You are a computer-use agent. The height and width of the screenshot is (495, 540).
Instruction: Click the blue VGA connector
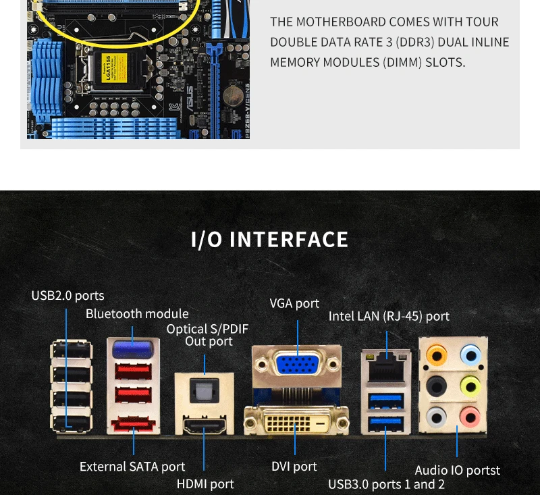pyautogui.click(x=298, y=364)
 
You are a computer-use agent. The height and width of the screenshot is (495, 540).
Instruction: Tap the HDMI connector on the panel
pyautogui.click(x=205, y=425)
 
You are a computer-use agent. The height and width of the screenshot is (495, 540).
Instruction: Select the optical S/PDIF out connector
pyautogui.click(x=205, y=390)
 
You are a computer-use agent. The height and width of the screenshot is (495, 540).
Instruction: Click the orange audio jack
pyautogui.click(x=436, y=355)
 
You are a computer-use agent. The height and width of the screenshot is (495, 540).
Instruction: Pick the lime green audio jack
pyautogui.click(x=470, y=386)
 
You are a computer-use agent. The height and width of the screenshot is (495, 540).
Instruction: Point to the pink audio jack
pyautogui.click(x=470, y=417)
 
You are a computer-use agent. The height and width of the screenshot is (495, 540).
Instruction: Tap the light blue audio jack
pyautogui.click(x=470, y=355)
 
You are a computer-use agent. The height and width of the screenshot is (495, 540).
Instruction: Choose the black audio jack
pyautogui.click(x=436, y=386)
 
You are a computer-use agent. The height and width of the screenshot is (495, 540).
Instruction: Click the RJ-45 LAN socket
pyautogui.click(x=386, y=369)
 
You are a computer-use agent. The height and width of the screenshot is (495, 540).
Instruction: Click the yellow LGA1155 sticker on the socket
pyautogui.click(x=114, y=68)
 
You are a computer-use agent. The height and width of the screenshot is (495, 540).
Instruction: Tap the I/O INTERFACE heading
pyautogui.click(x=269, y=240)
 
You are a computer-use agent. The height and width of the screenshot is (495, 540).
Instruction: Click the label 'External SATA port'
pyautogui.click(x=132, y=467)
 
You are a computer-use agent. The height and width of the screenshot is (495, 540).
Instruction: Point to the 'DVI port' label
pyautogui.click(x=294, y=466)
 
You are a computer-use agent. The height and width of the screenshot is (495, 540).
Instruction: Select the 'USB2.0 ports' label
pyautogui.click(x=68, y=296)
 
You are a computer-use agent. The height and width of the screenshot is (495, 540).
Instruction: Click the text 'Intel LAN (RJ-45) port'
pyautogui.click(x=389, y=316)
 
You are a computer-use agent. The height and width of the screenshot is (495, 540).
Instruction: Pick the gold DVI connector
pyautogui.click(x=296, y=421)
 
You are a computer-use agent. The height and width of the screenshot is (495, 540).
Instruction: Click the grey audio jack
pyautogui.click(x=436, y=417)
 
